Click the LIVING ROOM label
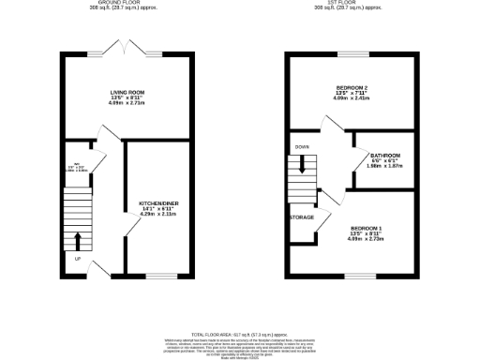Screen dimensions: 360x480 coord(126,91)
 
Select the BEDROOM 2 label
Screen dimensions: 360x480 coord(354,89)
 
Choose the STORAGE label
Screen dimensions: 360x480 coord(301,217)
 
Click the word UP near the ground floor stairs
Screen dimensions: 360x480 coord(77,259)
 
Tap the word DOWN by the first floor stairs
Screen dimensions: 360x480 coord(302,147)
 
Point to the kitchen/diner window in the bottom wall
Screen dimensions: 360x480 coord(160,276)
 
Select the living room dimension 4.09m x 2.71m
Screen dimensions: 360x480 coord(126,103)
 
